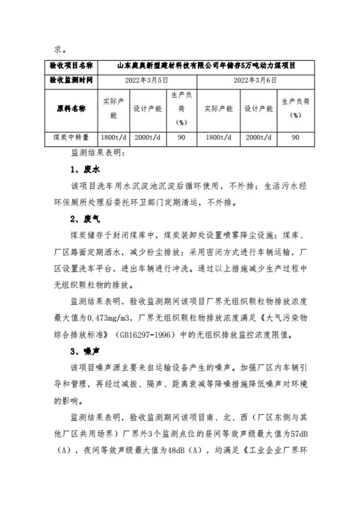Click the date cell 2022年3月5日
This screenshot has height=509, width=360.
147,80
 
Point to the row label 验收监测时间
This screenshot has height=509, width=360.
71,80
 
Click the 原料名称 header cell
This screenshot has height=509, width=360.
71,110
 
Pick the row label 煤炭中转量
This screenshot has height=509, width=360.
71,137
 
